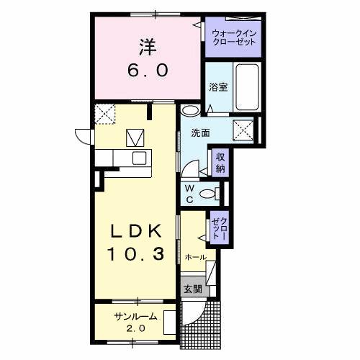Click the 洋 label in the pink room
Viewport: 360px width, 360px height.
(148, 45)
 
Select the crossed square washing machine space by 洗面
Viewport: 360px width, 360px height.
(243, 130)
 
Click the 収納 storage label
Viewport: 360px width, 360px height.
(219, 163)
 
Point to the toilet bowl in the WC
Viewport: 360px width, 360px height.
(209, 192)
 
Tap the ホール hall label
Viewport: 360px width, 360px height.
(195, 257)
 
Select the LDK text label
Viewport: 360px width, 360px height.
(140, 231)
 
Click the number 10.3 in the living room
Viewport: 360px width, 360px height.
(140, 253)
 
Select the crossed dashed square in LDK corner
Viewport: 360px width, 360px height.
(105, 114)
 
